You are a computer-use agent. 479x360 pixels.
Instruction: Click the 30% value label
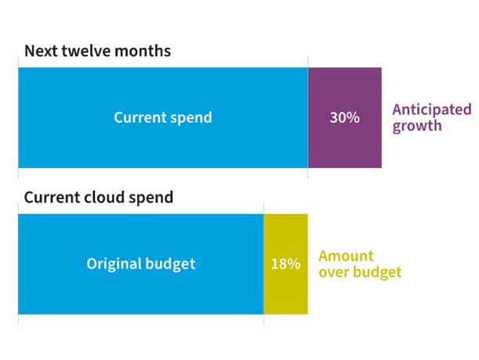pos(344,118)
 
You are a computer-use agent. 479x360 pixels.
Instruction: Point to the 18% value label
pos(285,264)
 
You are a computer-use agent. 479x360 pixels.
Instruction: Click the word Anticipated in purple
pos(431,109)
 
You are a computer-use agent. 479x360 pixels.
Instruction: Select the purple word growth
pos(417,125)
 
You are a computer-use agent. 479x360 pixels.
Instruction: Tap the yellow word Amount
pos(346,256)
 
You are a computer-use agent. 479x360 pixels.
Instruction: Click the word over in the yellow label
pos(333,272)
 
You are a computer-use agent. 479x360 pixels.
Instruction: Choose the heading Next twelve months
pos(97,51)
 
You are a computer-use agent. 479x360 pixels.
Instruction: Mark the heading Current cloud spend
pos(99,197)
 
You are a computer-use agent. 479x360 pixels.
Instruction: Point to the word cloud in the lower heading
pos(108,197)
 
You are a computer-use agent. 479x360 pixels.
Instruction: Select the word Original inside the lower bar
pos(114,264)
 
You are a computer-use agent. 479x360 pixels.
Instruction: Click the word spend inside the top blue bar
pos(191,118)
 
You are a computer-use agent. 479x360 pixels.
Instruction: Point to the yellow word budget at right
pos(376,272)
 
